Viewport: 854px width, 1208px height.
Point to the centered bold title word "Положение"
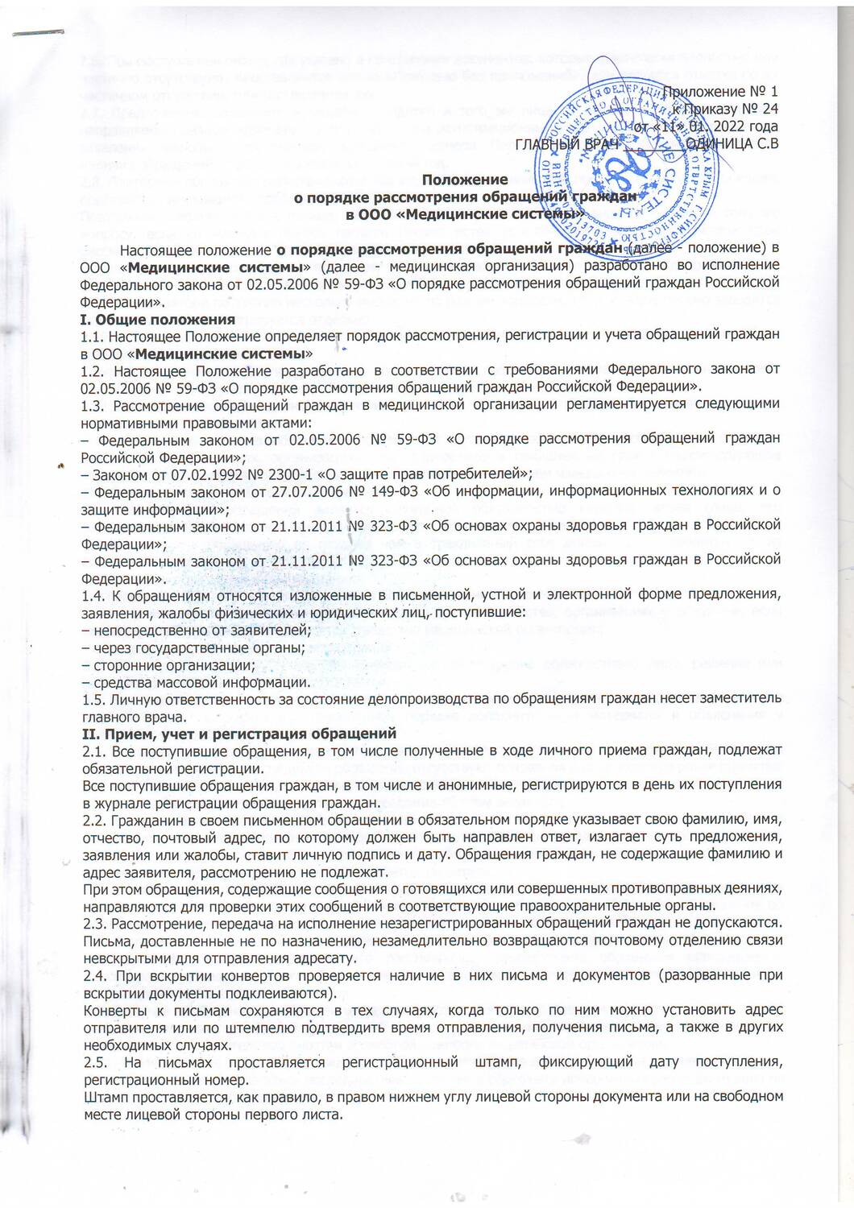465,180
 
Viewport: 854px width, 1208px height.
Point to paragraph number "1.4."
95,595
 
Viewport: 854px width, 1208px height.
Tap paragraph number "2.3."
95,922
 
